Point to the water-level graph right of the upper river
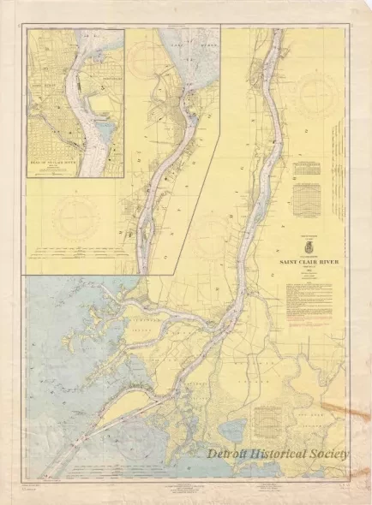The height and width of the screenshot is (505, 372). tap(304, 202)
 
